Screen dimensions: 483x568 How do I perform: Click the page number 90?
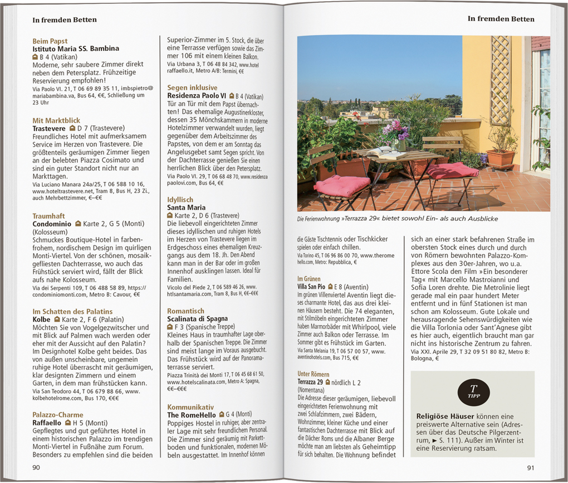36,467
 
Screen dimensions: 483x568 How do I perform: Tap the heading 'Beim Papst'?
50,41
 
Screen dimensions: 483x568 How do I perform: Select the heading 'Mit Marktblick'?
56,120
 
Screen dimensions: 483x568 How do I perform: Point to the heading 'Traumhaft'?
48,215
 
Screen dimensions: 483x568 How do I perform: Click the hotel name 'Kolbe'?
42,319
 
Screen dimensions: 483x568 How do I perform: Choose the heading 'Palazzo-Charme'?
58,414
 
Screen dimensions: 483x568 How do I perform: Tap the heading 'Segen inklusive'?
192,88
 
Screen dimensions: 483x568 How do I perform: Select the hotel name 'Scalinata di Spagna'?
197,318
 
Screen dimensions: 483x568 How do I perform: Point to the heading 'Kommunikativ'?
190,407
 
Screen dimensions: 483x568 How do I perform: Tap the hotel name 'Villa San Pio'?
311,286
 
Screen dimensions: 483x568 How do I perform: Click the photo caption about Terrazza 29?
397,219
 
